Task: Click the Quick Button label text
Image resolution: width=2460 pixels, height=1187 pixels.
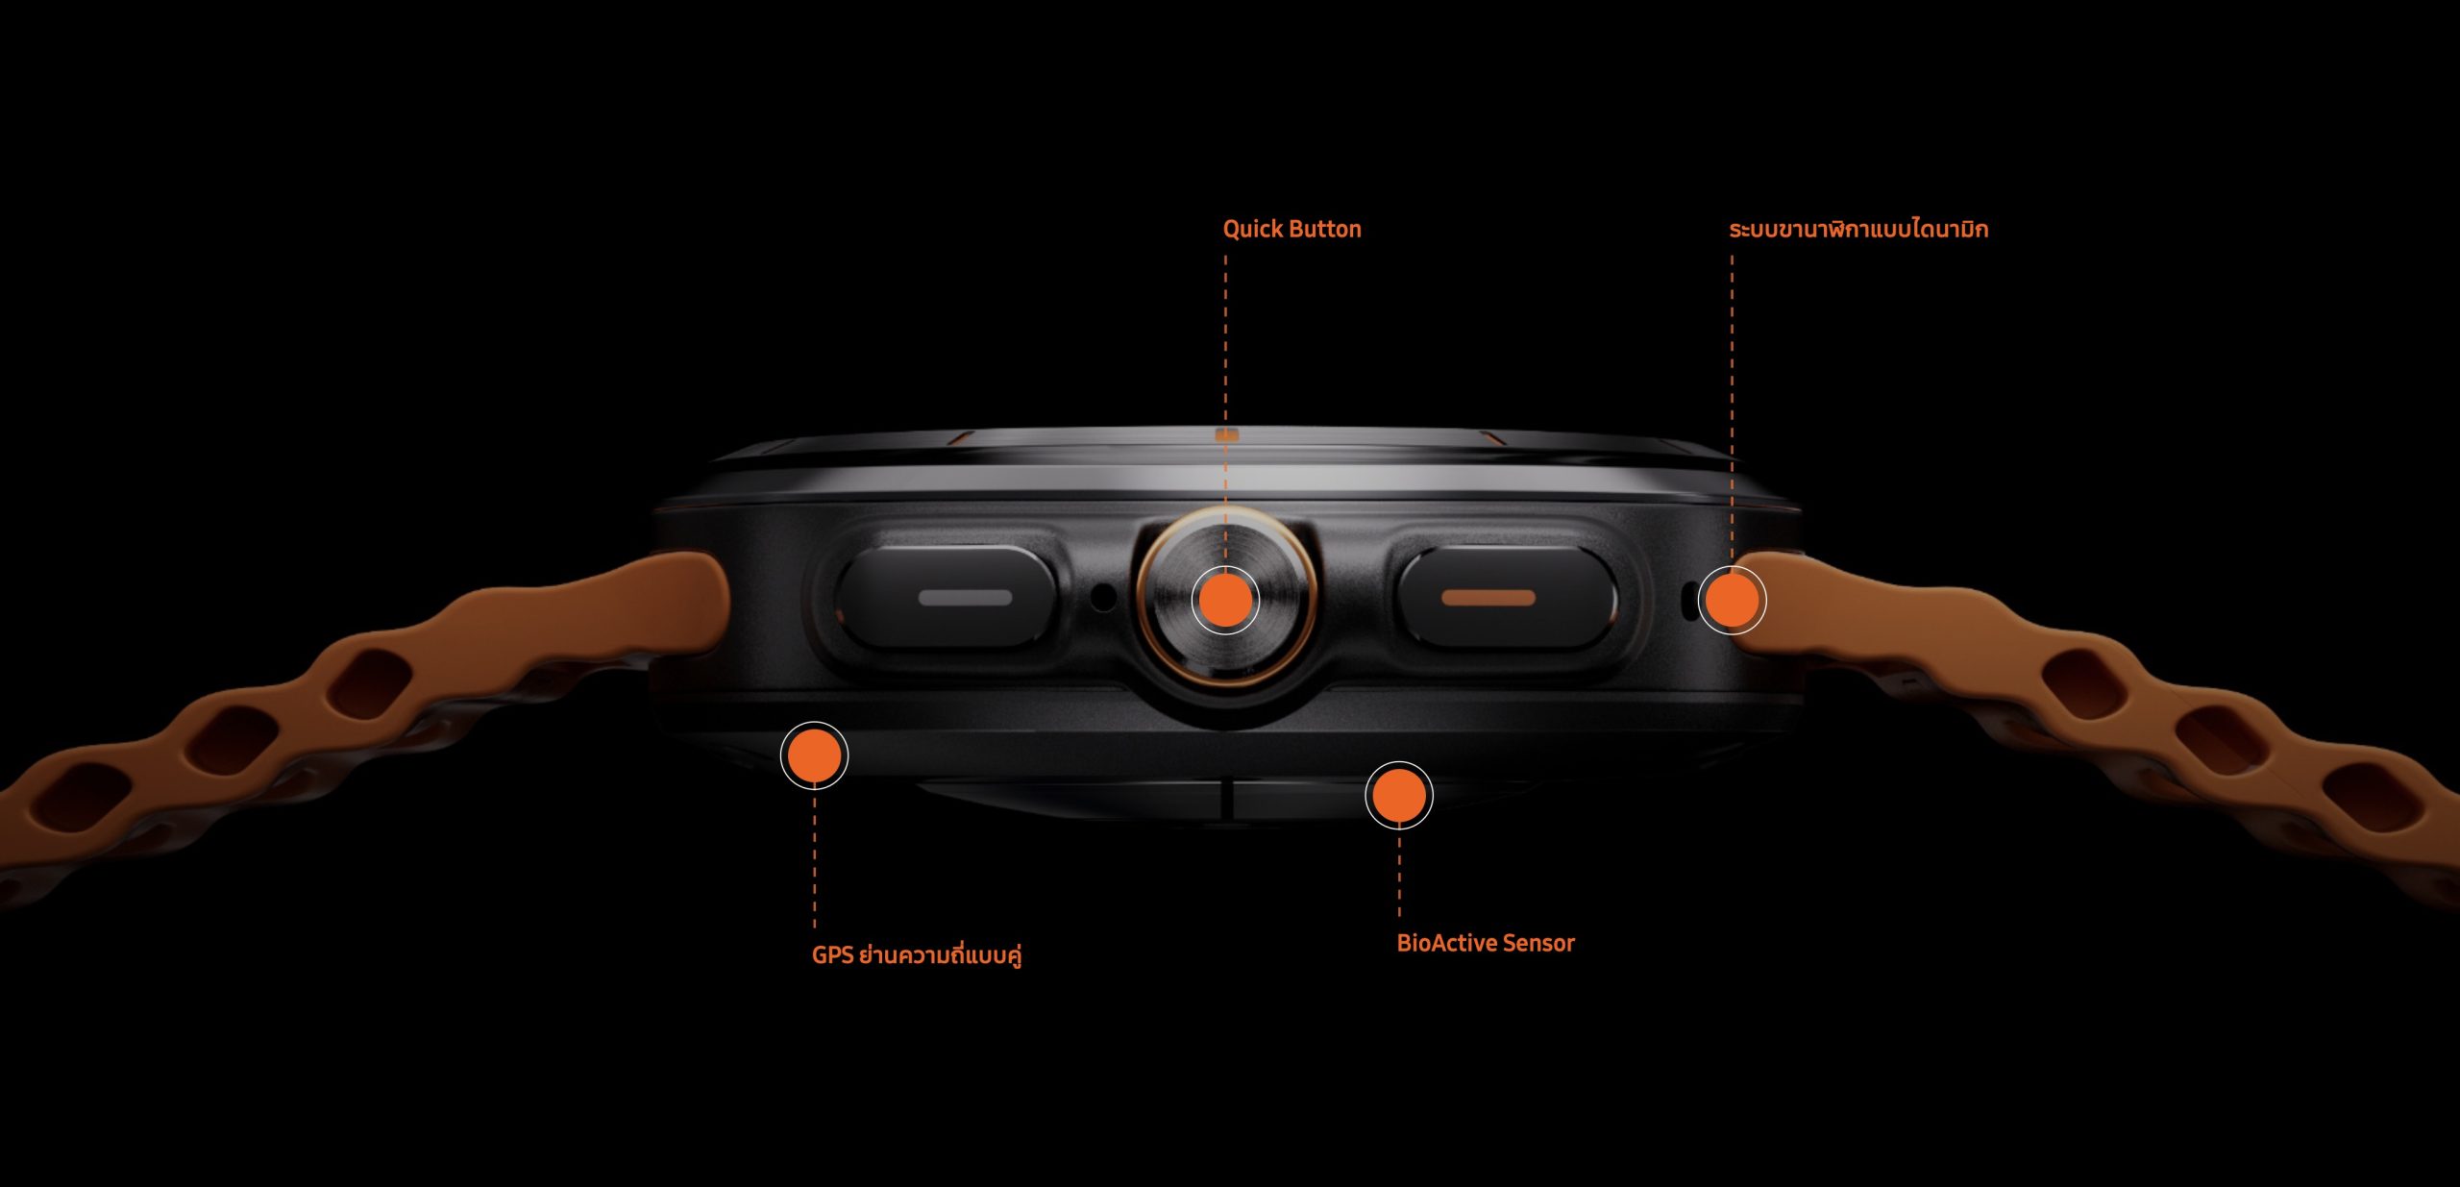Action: click(x=1291, y=229)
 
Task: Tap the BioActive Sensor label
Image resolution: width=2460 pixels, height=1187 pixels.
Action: click(x=1486, y=943)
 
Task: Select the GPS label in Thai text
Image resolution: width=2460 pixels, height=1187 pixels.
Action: click(x=917, y=954)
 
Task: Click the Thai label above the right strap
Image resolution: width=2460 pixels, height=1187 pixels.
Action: click(x=1858, y=229)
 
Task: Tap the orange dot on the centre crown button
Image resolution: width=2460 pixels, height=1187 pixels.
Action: click(x=1225, y=600)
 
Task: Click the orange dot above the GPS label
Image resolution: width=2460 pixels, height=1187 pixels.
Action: click(x=814, y=755)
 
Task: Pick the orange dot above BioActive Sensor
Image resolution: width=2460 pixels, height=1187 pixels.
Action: click(x=1399, y=795)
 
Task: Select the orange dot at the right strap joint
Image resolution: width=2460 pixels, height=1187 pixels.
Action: click(x=1732, y=600)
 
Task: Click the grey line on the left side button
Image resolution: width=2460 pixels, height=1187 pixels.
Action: click(x=965, y=598)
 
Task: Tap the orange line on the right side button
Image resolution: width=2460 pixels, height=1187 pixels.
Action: click(x=1488, y=598)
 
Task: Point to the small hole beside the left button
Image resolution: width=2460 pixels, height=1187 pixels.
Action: click(x=1104, y=597)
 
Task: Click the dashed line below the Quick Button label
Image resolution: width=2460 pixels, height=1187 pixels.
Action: click(x=1225, y=413)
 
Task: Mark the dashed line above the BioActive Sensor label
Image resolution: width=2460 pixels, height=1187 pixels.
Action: click(x=1399, y=870)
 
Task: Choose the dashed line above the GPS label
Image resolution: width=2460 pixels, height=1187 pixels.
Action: click(x=814, y=856)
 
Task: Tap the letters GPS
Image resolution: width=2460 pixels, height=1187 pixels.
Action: click(x=833, y=955)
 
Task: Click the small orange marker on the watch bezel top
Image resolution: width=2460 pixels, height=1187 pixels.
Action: click(x=1226, y=435)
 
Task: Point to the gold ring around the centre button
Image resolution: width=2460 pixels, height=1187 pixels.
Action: click(x=1144, y=600)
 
